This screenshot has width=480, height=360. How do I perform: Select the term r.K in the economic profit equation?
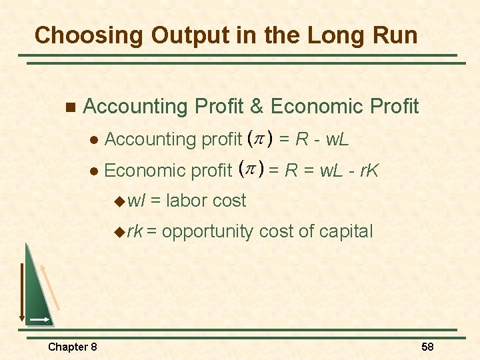tap(367, 171)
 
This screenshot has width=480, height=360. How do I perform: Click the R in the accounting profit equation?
tap(301, 139)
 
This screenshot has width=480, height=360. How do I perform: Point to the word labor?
tap(188, 201)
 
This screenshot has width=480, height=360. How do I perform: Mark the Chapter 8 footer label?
tap(72, 347)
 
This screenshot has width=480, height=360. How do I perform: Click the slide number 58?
tap(427, 347)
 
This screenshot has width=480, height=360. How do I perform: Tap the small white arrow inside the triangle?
tap(40, 321)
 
